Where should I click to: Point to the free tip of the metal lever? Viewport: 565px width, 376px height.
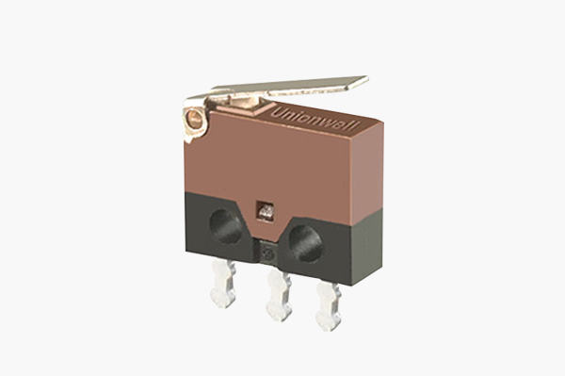367,78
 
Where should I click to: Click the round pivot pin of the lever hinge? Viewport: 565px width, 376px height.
195,118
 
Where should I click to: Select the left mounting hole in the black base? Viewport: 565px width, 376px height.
226,225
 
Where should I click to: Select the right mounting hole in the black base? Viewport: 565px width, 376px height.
305,244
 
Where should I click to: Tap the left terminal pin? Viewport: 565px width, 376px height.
223,284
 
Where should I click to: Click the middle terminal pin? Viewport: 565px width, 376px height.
279,296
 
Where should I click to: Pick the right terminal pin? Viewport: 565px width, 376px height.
329,306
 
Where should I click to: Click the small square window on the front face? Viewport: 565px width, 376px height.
265,212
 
